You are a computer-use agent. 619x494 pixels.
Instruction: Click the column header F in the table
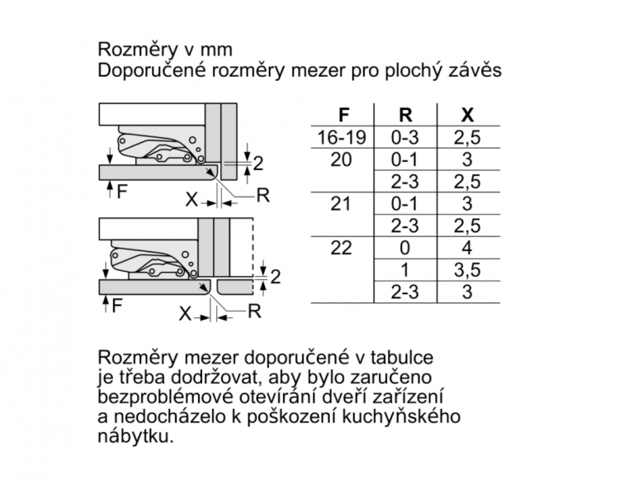point(344,115)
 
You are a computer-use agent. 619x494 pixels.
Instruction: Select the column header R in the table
point(405,115)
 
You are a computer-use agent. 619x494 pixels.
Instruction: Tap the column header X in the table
point(467,115)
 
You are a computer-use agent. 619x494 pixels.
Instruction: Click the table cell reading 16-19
point(342,137)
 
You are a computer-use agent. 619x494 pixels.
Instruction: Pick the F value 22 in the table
point(341,248)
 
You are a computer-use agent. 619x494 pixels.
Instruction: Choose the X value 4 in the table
point(467,248)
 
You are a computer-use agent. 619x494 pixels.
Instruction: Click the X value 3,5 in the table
point(467,271)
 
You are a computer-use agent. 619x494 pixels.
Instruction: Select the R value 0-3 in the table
point(405,137)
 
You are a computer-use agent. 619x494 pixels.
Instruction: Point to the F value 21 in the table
point(340,204)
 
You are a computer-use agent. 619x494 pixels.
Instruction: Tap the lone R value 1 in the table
point(404,270)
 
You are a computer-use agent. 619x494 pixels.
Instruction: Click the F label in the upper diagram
point(122,192)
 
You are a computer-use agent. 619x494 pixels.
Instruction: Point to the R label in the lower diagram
point(255,311)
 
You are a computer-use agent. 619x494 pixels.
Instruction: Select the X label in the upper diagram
point(191,200)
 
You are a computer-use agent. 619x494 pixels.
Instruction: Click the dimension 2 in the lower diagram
point(276,277)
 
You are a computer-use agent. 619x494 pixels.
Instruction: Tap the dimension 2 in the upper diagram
point(258,164)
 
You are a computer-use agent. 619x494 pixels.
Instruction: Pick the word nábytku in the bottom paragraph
point(135,437)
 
